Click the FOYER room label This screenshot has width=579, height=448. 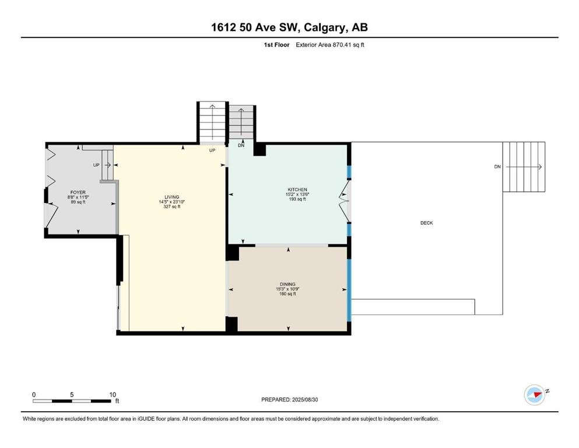(x=78, y=192)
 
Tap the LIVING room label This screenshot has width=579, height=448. (x=171, y=197)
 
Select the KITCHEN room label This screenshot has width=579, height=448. (x=297, y=190)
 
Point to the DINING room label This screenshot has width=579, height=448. (x=287, y=285)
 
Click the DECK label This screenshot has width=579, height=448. (x=426, y=223)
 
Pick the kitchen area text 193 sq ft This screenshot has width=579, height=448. (x=297, y=199)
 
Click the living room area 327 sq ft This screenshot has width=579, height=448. (x=171, y=207)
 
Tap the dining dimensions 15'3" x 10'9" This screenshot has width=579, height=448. (x=287, y=289)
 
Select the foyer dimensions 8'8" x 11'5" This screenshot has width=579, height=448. (x=78, y=197)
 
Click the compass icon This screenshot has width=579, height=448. (x=534, y=395)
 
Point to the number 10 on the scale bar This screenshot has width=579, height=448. (x=113, y=395)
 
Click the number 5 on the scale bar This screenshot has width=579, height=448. (x=72, y=395)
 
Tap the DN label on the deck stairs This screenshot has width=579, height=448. (x=497, y=167)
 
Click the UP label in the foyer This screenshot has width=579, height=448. (x=96, y=165)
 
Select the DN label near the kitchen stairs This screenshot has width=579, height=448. (x=241, y=145)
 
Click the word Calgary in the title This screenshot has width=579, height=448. (x=325, y=27)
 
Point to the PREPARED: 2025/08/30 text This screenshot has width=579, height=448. (x=289, y=400)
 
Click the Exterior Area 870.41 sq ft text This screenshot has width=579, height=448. (x=330, y=45)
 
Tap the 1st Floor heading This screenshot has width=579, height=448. (x=276, y=45)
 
